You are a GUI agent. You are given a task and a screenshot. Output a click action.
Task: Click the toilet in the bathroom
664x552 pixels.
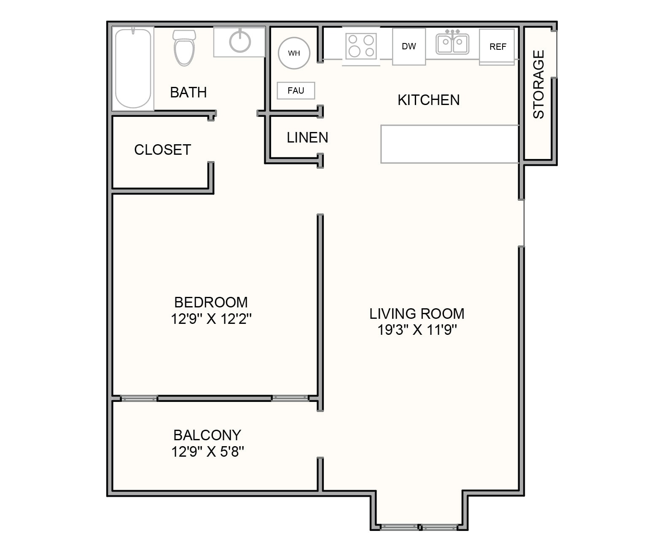[184, 48]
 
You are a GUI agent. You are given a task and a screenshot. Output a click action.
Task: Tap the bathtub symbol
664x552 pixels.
[133, 68]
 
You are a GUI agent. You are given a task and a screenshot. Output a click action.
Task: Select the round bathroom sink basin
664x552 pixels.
[240, 41]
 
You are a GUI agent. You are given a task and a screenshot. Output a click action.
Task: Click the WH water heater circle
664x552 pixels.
[294, 53]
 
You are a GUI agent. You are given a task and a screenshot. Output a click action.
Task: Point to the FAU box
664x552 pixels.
[296, 91]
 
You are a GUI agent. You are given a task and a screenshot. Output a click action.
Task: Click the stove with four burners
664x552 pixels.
[361, 46]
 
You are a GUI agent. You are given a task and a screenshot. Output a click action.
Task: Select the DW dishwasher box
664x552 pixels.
[409, 46]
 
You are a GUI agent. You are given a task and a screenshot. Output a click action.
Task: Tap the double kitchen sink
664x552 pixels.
[452, 43]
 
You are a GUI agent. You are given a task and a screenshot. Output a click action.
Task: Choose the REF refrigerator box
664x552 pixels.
[497, 47]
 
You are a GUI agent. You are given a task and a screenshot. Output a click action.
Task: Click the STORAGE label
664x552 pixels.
[538, 84]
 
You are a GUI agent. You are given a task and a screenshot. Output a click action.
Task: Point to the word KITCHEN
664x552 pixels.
[428, 100]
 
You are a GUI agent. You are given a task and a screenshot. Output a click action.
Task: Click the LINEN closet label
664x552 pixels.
[307, 137]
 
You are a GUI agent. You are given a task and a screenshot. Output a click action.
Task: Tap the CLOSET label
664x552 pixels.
[162, 150]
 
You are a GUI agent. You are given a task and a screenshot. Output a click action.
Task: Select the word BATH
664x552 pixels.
[188, 92]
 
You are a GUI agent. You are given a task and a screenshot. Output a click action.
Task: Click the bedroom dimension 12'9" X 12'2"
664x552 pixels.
[211, 319]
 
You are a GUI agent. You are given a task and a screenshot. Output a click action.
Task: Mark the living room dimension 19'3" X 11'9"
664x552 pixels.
[417, 330]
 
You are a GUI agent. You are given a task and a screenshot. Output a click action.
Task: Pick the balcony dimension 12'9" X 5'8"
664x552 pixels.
[207, 452]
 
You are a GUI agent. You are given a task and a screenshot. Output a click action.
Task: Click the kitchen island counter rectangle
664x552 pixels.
[449, 144]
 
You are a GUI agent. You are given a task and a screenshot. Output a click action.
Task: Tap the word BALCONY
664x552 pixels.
[207, 435]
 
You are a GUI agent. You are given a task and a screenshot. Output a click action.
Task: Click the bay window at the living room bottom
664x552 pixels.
[419, 527]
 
